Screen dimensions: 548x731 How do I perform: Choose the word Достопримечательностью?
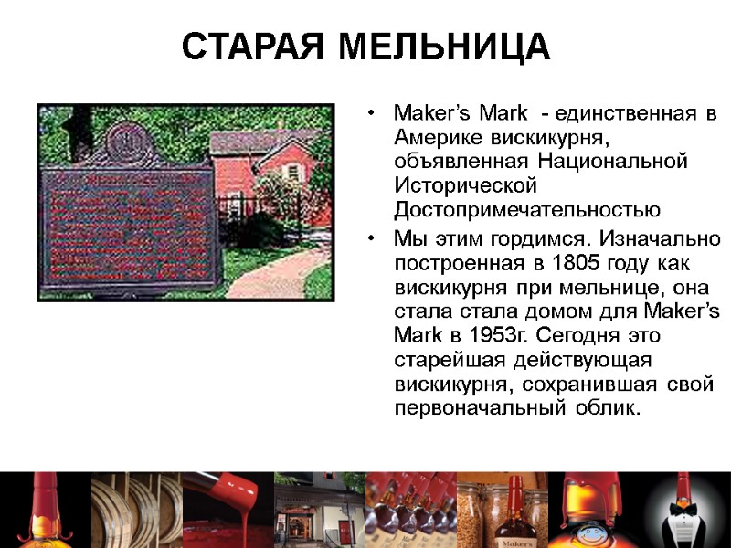click(x=527, y=210)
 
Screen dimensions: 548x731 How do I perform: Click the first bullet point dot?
click(x=371, y=115)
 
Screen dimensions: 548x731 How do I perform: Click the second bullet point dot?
click(x=371, y=239)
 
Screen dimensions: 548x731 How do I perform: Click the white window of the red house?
click(x=292, y=171)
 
